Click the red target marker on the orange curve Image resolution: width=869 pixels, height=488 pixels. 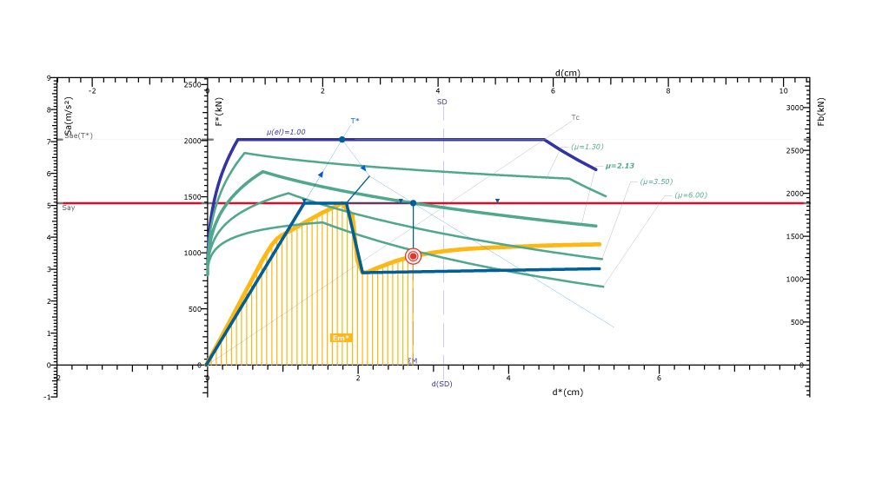413,256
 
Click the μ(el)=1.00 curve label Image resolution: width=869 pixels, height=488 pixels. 286,132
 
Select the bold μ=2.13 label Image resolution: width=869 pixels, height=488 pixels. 621,166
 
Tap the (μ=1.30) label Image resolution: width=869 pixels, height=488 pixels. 587,147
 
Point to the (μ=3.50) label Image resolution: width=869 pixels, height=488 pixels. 656,181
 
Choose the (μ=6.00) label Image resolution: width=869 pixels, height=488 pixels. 691,195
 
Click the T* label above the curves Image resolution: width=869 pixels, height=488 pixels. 355,121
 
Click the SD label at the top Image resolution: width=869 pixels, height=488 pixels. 441,102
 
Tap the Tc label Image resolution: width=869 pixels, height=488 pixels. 575,117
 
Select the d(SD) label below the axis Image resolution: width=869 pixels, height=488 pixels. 441,384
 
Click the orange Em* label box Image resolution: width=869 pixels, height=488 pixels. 342,338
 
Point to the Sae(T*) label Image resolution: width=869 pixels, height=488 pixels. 79,135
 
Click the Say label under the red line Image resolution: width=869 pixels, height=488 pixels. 69,208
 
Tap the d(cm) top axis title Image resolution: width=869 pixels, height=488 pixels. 567,73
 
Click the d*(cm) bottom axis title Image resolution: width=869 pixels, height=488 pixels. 567,392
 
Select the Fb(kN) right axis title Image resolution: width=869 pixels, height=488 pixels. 821,111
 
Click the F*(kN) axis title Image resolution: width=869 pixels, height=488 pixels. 219,111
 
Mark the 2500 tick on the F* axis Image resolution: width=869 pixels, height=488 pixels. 191,85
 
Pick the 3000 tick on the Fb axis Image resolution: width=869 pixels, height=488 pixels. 795,108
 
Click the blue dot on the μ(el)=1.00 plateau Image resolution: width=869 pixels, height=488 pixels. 342,139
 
